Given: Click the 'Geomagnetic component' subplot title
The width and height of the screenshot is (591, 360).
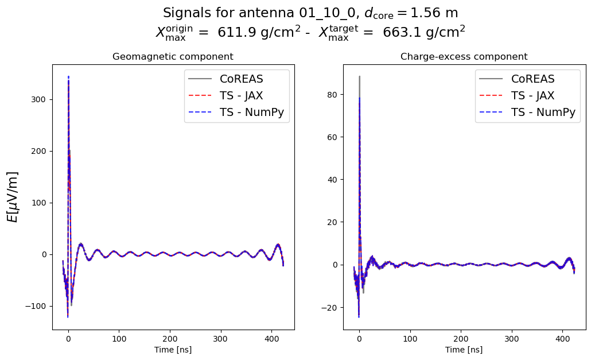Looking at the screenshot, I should click(173, 57).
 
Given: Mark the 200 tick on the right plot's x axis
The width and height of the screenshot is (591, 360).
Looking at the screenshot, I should click(461, 339).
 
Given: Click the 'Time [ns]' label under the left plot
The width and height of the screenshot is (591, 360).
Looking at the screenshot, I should click(173, 350).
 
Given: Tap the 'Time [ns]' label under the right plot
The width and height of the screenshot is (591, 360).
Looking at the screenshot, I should click(464, 350).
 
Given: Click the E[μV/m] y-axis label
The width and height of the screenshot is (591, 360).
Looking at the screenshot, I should click(12, 196).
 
